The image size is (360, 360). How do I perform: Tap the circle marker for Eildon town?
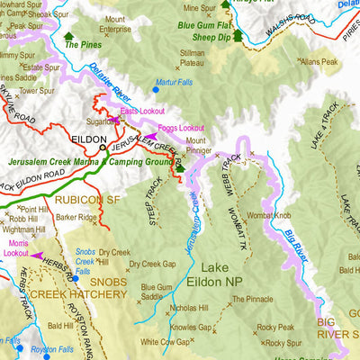click(x=103, y=146)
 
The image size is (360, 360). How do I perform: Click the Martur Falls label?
click(x=174, y=82)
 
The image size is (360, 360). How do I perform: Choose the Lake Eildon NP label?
click(x=228, y=275)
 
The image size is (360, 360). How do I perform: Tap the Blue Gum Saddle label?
click(x=157, y=292)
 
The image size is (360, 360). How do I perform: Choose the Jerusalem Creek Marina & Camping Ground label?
click(x=90, y=163)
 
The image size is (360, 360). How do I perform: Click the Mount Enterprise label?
click(x=115, y=24)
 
